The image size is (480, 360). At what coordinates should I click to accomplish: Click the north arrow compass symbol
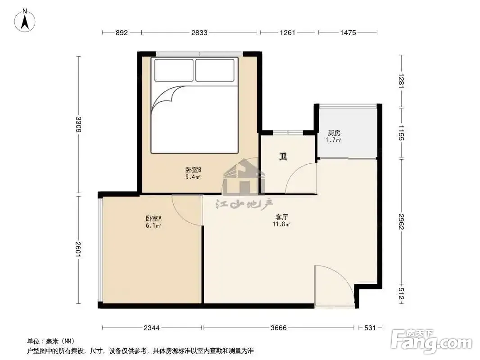tap(25, 21)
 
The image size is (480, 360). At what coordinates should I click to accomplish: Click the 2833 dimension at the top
tap(199, 32)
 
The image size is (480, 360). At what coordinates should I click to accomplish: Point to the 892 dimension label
tap(122, 32)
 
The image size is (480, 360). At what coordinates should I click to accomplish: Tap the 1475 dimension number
tap(348, 32)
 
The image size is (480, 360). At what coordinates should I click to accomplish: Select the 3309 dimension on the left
tap(78, 125)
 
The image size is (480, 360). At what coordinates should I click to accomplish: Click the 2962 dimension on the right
tap(402, 221)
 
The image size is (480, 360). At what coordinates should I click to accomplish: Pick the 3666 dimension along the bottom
tap(279, 328)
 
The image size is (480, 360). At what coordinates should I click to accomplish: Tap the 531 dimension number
tap(370, 328)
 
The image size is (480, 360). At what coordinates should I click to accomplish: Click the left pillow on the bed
tap(174, 70)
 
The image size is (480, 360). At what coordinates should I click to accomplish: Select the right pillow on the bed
tap(215, 70)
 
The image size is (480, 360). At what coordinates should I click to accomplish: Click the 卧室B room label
tap(193, 170)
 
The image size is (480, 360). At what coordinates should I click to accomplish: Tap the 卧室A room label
tap(154, 218)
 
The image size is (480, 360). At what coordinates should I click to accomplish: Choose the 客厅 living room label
tap(281, 217)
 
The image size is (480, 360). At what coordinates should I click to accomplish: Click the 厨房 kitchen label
tap(334, 133)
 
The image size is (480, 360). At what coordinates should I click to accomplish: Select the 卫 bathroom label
tap(283, 157)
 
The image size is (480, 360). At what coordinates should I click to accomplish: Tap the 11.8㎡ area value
tap(281, 224)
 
